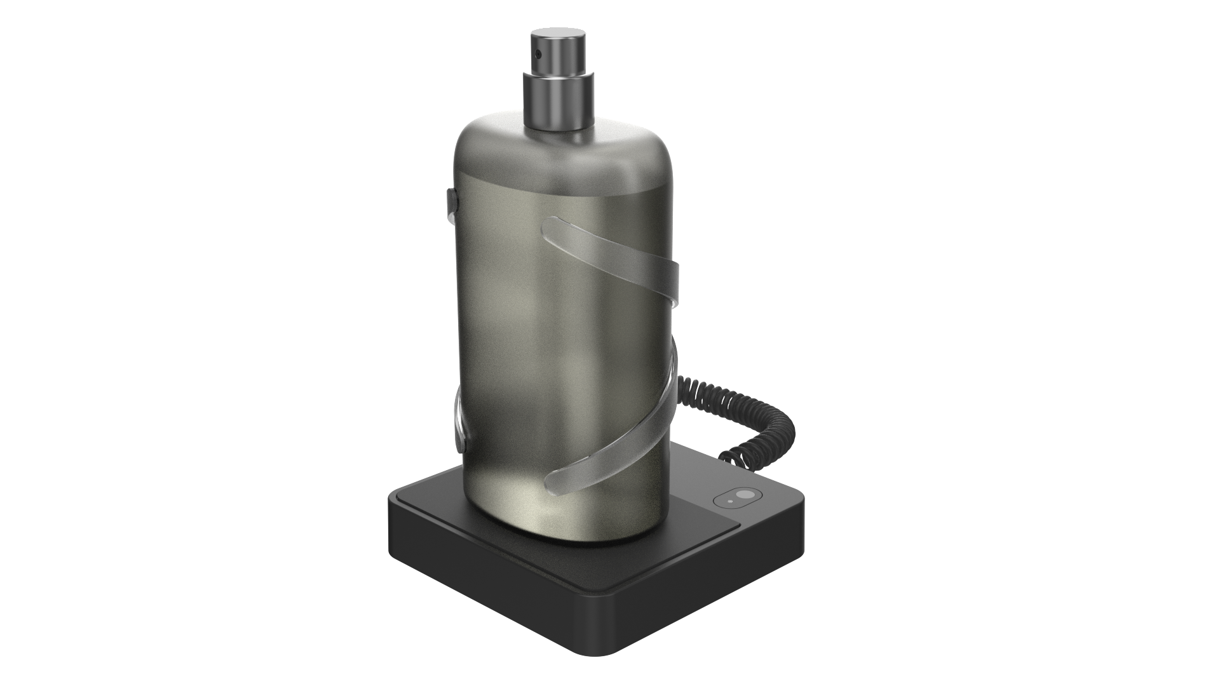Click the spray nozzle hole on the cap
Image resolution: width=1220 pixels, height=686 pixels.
click(538, 54)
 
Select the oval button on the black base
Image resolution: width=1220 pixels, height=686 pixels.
click(737, 498)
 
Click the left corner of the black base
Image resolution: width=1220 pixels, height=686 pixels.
click(391, 502)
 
